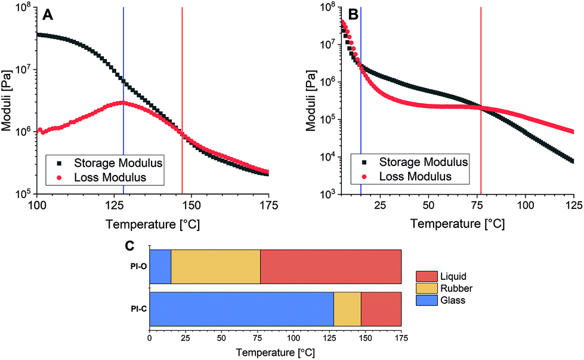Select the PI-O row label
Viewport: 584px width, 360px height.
[x=137, y=267]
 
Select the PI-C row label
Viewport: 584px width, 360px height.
[x=137, y=309]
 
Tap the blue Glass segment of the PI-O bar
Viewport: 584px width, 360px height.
[x=160, y=267]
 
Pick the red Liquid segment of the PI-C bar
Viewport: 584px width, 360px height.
[x=381, y=309]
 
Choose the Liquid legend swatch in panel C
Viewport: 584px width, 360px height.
[x=426, y=276]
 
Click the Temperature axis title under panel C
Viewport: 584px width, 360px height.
[x=275, y=352]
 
